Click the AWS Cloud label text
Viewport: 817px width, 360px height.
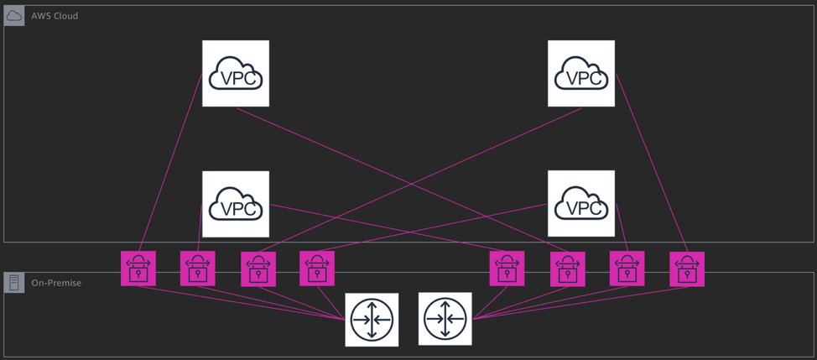tap(55, 16)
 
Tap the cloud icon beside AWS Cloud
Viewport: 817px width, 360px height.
tap(14, 16)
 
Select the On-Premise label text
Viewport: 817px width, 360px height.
tap(56, 283)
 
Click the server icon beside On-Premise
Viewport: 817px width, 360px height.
tap(14, 283)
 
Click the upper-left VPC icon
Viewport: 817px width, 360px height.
tap(236, 74)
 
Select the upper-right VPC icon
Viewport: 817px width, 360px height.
tap(581, 74)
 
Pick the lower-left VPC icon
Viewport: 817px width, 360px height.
tap(236, 204)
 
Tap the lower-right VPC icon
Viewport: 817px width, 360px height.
tap(581, 204)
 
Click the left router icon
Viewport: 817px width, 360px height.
tap(372, 320)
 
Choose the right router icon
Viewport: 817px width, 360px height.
tap(445, 320)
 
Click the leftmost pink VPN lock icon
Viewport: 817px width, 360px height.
tap(138, 269)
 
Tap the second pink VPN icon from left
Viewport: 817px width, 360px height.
tap(198, 269)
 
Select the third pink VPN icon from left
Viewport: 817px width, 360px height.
tap(258, 269)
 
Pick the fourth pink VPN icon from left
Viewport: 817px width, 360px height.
tap(317, 269)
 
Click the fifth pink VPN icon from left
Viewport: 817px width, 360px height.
tap(507, 269)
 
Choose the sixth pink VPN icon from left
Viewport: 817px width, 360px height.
tap(567, 269)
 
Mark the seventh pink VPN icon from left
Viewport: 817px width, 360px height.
tap(627, 269)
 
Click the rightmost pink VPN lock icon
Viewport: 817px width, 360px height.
tap(687, 269)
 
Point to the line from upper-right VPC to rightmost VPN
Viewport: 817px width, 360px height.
tap(652, 163)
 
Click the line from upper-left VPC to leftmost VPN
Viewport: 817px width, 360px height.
tap(170, 163)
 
